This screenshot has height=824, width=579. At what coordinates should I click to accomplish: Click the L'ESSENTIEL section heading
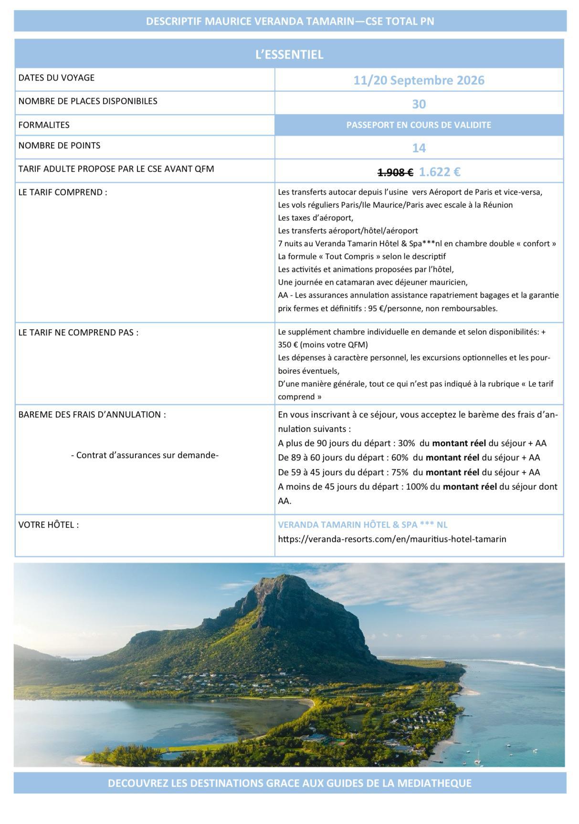[x=289, y=54]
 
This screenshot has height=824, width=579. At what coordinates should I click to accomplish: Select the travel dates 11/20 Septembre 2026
[x=419, y=80]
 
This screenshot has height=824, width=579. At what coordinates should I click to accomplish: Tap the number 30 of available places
[x=419, y=104]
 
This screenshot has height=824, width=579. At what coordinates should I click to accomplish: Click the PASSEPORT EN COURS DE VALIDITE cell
[x=419, y=125]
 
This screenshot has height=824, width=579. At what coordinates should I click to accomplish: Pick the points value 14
[x=419, y=148]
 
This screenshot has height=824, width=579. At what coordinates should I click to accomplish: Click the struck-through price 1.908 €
[x=395, y=172]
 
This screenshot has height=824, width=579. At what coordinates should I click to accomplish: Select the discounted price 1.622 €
[x=440, y=172]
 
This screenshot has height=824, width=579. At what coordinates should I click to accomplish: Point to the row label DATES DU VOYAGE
[x=56, y=78]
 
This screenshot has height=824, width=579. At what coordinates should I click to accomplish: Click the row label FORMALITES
[x=44, y=125]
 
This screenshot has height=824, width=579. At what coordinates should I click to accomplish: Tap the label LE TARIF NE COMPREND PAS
[x=78, y=333]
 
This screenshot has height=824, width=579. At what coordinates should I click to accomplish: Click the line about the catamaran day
[x=372, y=282]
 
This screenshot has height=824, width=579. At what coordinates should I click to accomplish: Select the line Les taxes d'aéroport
[x=316, y=218]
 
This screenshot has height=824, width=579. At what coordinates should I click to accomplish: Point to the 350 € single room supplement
[x=288, y=344]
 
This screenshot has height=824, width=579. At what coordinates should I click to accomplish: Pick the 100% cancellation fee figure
[x=417, y=487]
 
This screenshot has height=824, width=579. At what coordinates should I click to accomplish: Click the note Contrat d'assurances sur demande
[x=145, y=455]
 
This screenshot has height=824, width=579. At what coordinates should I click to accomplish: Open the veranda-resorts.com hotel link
[x=392, y=539]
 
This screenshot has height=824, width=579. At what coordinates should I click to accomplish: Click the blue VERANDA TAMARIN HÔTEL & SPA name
[x=363, y=525]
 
